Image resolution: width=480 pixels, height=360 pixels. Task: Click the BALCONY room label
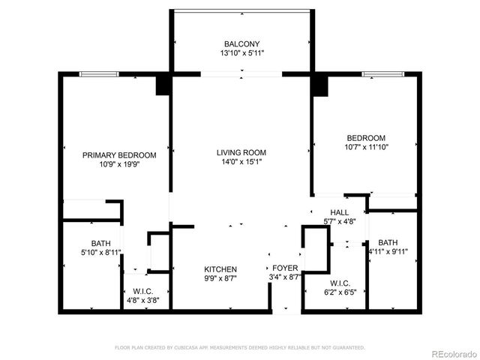[x=242, y=43]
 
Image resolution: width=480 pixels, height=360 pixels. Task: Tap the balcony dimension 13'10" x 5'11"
[x=242, y=54]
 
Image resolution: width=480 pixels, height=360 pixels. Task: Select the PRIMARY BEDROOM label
[x=119, y=155]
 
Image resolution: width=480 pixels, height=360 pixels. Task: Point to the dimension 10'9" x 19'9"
[x=119, y=164]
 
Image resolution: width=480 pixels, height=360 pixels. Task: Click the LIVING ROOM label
[x=241, y=152]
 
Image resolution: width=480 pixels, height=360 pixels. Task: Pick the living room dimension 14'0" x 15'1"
[x=241, y=162]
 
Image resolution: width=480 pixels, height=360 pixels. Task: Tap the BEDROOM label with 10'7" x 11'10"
[x=366, y=138]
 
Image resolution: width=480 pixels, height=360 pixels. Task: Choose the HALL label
[x=340, y=213]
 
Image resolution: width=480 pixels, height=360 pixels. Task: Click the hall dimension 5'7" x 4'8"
[x=340, y=222]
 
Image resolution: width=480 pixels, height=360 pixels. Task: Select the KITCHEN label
[x=221, y=269]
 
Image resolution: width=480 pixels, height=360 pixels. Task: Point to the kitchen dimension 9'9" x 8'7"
[x=221, y=278]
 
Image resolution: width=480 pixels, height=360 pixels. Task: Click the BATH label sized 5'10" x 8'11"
[x=100, y=243]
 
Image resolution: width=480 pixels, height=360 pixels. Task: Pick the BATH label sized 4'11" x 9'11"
[x=388, y=242]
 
